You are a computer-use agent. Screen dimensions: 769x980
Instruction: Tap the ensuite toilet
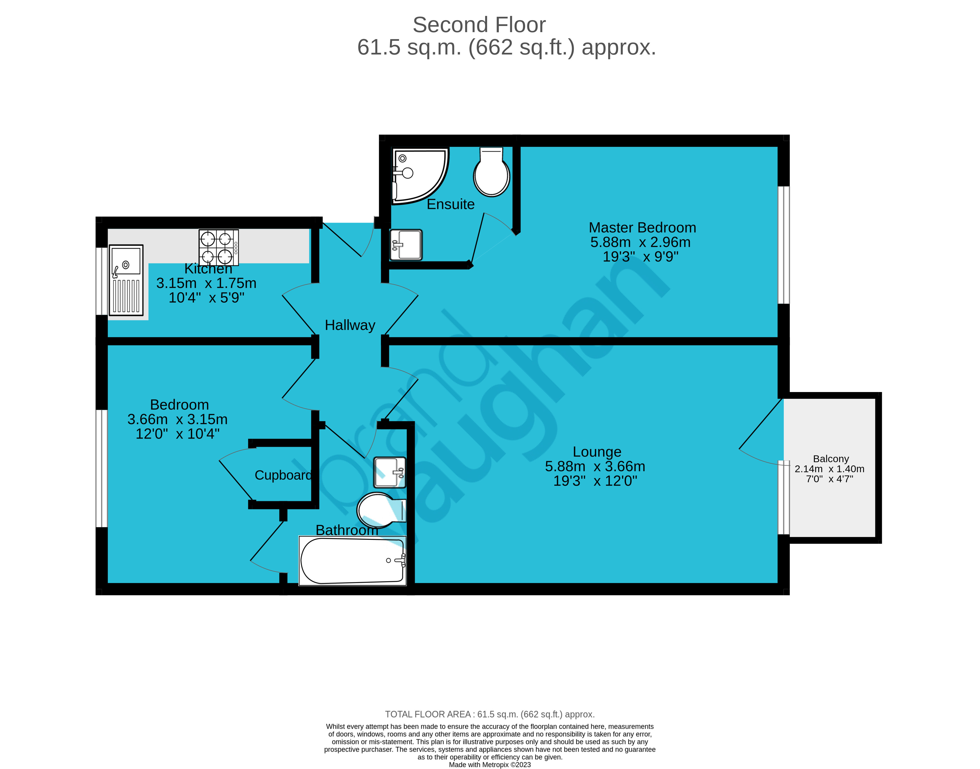[491, 173]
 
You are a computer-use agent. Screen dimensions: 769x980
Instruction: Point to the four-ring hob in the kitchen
[219, 248]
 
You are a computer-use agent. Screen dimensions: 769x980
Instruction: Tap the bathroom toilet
[380, 510]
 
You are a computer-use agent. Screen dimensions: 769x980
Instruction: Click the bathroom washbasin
[390, 472]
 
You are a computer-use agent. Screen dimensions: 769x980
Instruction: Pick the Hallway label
[350, 325]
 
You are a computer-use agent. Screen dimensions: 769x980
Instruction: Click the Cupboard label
[283, 475]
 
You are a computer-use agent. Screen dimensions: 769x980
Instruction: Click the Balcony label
[830, 459]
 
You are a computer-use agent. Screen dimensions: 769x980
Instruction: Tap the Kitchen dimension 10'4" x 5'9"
[206, 298]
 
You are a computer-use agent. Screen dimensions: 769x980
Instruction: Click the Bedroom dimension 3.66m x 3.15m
[177, 419]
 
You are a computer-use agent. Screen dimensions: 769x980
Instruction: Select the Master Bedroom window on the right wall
[784, 245]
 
